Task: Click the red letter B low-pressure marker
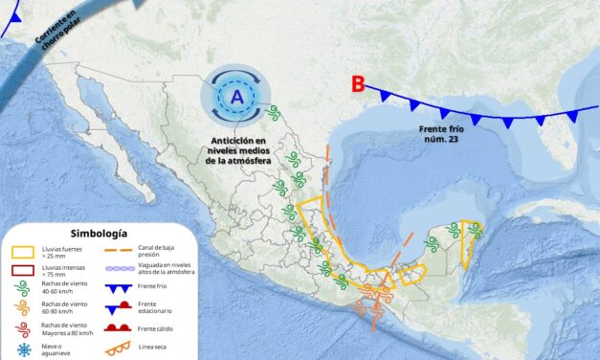358,84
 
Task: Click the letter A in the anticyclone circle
235,96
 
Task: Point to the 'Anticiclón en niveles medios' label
238,149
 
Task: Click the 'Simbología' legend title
99,233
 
